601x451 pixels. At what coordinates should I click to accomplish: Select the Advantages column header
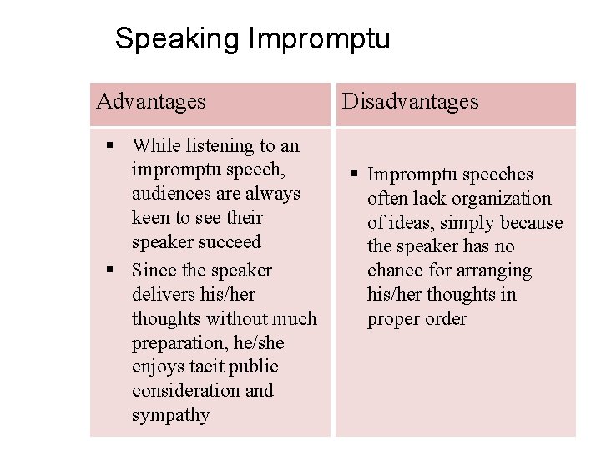tap(151, 102)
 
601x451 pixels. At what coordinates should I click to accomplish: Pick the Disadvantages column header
tap(411, 102)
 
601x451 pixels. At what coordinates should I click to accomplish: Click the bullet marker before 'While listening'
tap(109, 146)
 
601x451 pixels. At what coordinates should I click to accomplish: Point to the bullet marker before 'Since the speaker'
tap(109, 271)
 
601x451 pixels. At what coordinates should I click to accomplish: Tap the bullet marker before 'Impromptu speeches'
tap(355, 175)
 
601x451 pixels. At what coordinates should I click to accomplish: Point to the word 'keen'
tap(151, 218)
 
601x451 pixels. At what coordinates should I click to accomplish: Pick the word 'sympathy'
tap(171, 415)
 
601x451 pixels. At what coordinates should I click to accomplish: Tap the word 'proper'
tap(395, 319)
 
